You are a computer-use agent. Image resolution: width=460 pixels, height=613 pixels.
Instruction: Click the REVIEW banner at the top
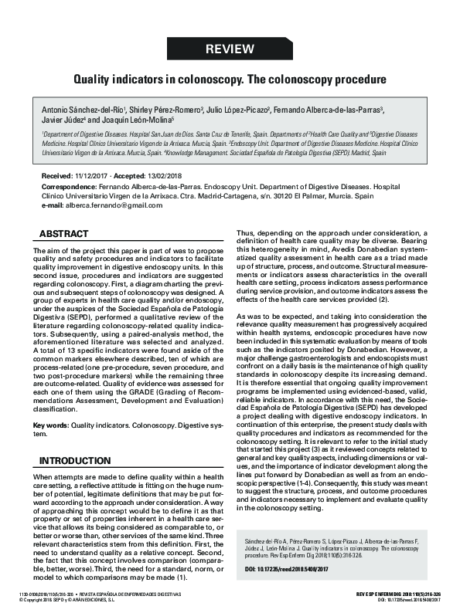[230, 49]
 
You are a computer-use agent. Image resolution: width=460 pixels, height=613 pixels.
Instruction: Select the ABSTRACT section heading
[69, 233]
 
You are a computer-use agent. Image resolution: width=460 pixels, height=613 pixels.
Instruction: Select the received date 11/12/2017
[93, 177]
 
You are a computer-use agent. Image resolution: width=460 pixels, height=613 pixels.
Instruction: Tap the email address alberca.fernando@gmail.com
[103, 206]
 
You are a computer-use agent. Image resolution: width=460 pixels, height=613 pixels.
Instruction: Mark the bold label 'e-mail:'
[51, 206]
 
